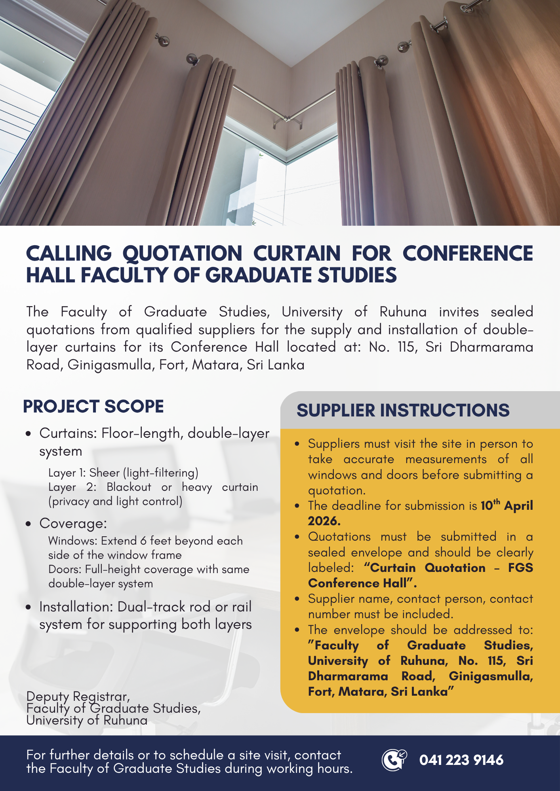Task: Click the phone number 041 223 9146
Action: pyautogui.click(x=461, y=760)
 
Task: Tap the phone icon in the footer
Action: pyautogui.click(x=394, y=760)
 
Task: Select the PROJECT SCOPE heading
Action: pyautogui.click(x=93, y=407)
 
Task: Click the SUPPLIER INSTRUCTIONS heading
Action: pyautogui.click(x=403, y=411)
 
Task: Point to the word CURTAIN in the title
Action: pyautogui.click(x=297, y=254)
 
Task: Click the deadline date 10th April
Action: pyautogui.click(x=507, y=505)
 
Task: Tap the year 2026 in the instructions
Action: pyautogui.click(x=324, y=521)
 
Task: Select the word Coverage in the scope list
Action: pyautogui.click(x=73, y=523)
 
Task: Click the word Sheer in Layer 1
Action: pyautogui.click(x=104, y=473)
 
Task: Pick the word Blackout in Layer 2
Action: pyautogui.click(x=129, y=487)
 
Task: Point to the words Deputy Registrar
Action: pyautogui.click(x=78, y=696)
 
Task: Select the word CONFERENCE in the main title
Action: pyautogui.click(x=468, y=254)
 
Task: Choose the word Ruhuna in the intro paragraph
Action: pyautogui.click(x=403, y=312)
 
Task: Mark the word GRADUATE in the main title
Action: pyautogui.click(x=258, y=276)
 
